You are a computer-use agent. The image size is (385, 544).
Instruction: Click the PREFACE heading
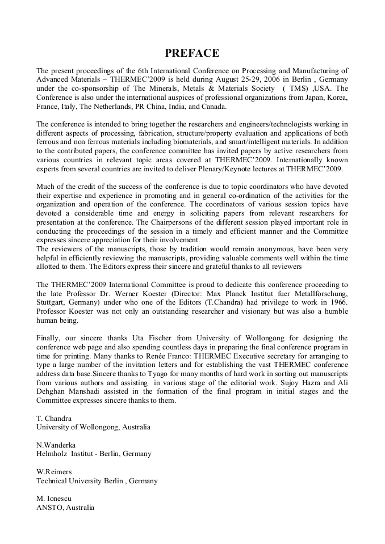click(x=192, y=53)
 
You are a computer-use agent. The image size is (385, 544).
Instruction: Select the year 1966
click(x=337, y=302)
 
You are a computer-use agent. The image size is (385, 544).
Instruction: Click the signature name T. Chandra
click(x=53, y=419)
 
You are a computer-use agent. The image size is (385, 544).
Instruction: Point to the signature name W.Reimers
click(x=55, y=472)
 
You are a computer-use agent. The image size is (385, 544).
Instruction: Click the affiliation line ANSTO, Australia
click(x=65, y=508)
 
